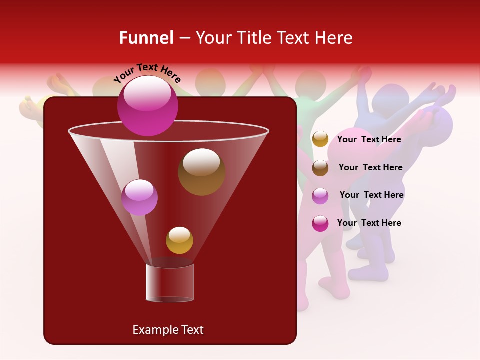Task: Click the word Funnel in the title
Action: [146, 38]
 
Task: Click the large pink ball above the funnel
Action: [147, 105]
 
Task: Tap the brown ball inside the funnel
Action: [201, 172]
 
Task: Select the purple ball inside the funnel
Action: [139, 197]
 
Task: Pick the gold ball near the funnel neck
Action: [179, 240]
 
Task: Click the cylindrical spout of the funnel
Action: [170, 282]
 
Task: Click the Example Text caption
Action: [168, 330]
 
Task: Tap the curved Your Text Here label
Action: [147, 73]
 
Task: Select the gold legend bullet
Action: [320, 139]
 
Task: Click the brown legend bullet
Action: [320, 167]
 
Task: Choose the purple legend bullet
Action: [320, 195]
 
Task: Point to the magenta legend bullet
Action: [320, 223]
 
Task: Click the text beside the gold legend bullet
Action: [369, 139]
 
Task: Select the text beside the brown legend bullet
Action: [370, 167]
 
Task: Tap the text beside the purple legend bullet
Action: [371, 195]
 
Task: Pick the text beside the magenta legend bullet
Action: [369, 223]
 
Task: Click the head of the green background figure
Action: [310, 84]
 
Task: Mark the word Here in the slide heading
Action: [334, 38]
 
